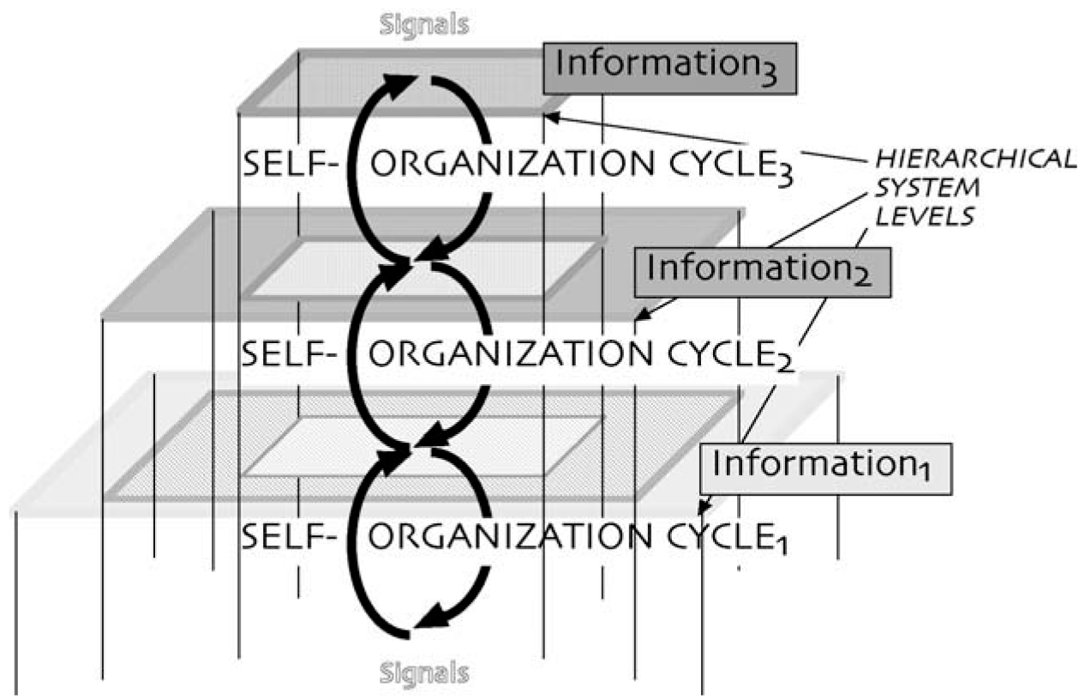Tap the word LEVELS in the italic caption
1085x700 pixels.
(x=922, y=216)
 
